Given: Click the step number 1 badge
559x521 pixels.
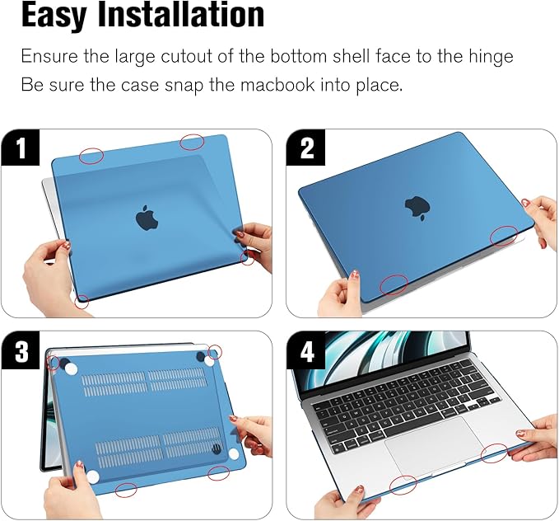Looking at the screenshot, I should (21, 149).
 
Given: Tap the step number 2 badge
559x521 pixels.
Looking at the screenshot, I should (307, 149).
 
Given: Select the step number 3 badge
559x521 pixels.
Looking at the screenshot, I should (21, 352).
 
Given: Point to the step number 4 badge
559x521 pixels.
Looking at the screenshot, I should (307, 353).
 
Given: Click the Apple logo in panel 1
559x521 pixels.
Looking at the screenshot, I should (147, 218).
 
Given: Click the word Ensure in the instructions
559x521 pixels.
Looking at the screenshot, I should (48, 57).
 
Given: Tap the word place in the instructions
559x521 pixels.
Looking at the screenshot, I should (381, 85).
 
